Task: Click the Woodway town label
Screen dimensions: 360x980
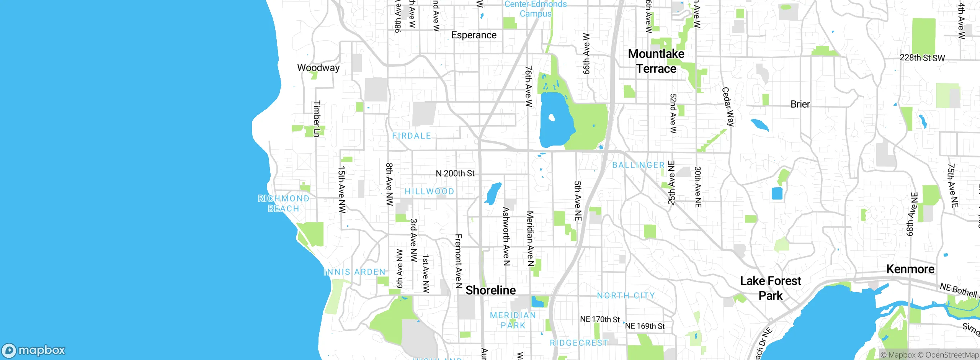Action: click(x=318, y=68)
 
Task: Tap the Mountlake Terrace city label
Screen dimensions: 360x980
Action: click(x=656, y=61)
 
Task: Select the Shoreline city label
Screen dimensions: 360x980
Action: click(x=490, y=290)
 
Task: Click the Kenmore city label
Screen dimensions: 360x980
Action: click(x=910, y=269)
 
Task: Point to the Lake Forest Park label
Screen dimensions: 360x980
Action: click(x=770, y=288)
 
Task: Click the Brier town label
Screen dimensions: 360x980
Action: click(x=800, y=104)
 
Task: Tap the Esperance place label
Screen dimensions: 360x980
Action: click(x=474, y=35)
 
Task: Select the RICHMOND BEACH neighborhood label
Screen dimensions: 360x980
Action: click(x=283, y=203)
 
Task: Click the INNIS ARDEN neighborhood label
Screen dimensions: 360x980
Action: click(x=354, y=272)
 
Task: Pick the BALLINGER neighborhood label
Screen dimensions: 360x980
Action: click(x=638, y=165)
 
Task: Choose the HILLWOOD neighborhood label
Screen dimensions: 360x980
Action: click(x=429, y=191)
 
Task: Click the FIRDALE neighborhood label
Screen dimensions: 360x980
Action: click(x=412, y=136)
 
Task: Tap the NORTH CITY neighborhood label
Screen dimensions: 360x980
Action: click(x=626, y=295)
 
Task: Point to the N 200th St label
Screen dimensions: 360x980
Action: click(x=455, y=173)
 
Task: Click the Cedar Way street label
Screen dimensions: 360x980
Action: click(x=728, y=107)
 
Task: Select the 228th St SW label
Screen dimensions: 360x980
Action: click(x=922, y=58)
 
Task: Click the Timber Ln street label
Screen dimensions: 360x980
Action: click(x=317, y=119)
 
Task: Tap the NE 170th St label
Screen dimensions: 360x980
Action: click(x=599, y=319)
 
